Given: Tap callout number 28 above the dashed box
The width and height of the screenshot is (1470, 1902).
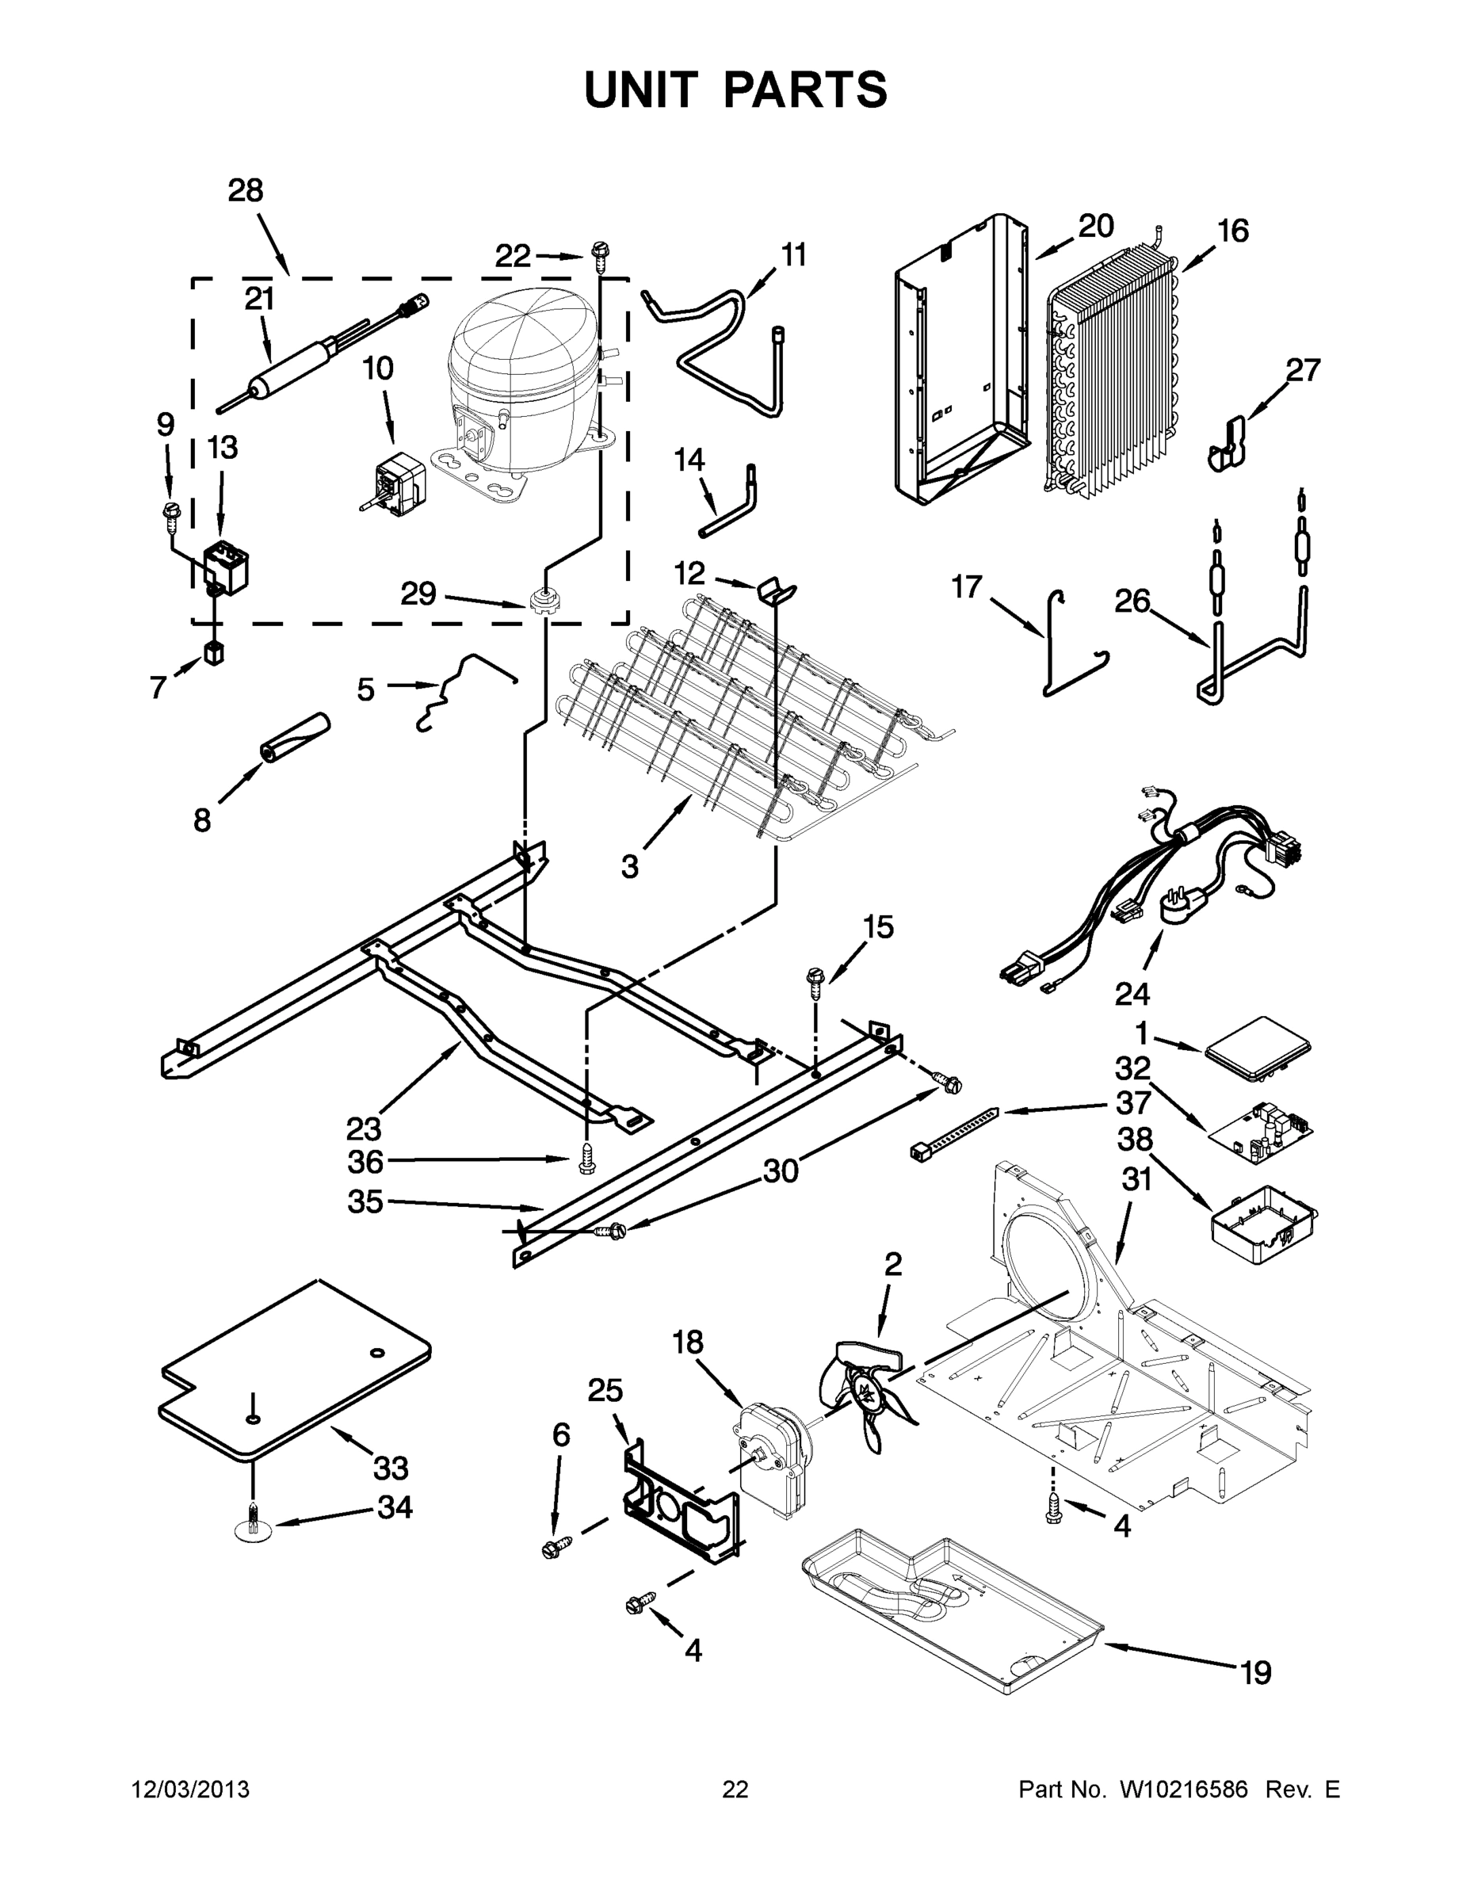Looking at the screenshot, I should pyautogui.click(x=245, y=191).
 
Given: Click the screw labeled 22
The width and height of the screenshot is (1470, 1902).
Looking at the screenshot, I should pyautogui.click(x=600, y=254).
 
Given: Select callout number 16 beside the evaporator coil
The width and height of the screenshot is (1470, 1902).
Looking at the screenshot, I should pyautogui.click(x=1232, y=231).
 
